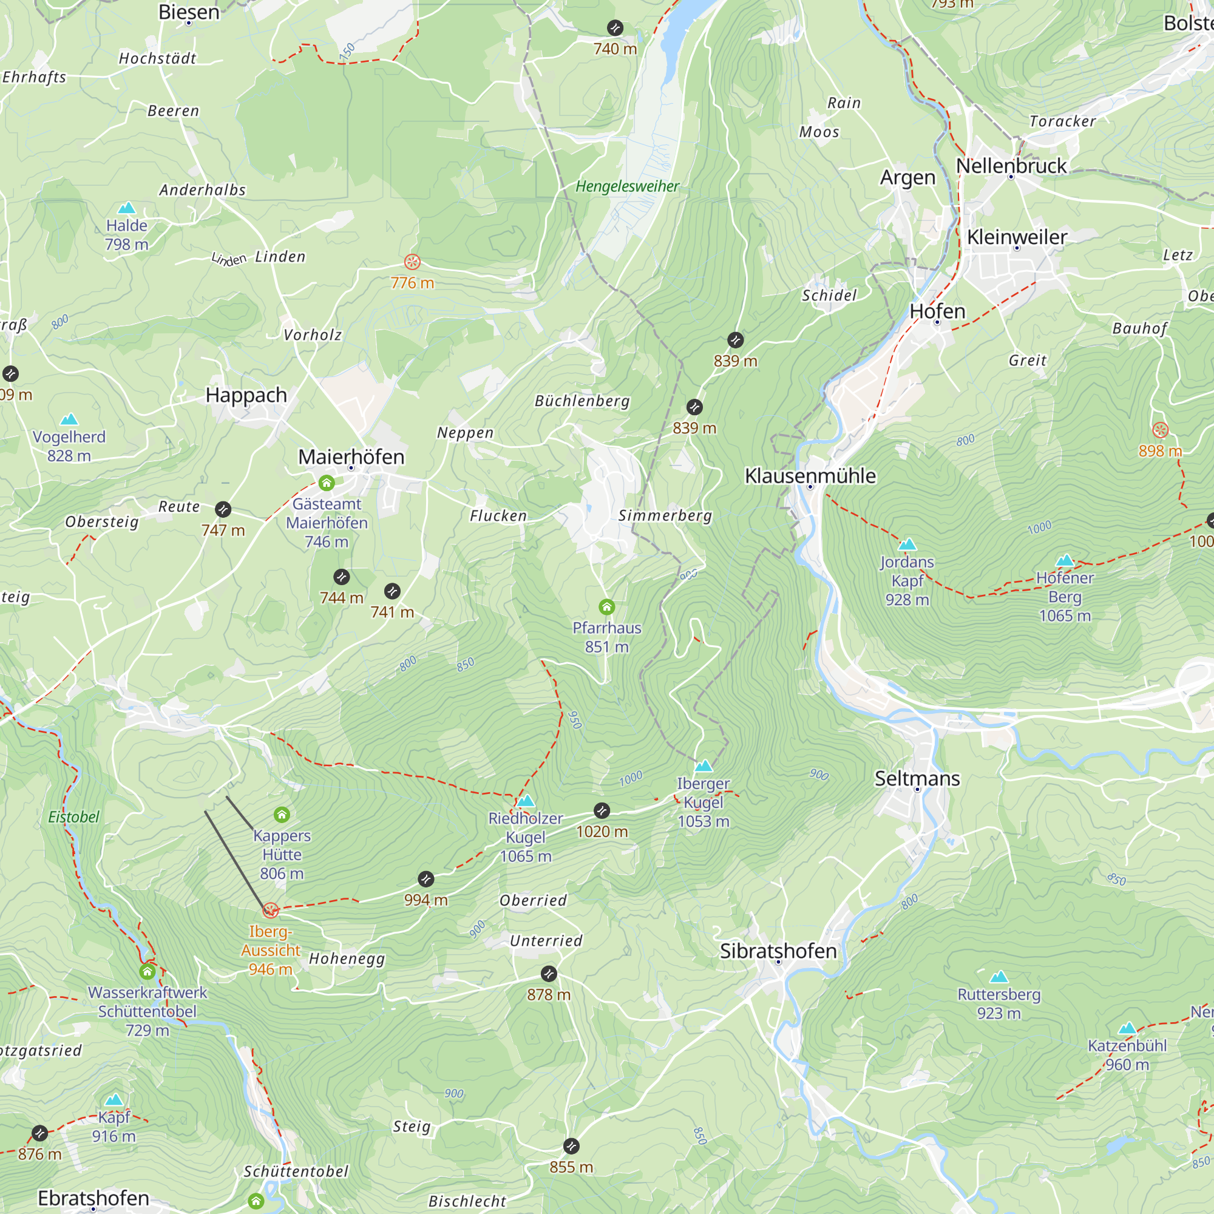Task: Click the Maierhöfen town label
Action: (351, 457)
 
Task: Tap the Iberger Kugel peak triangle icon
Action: (703, 766)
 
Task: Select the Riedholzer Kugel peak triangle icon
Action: (525, 801)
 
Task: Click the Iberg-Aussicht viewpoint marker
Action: (270, 910)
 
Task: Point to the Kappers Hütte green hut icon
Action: (282, 815)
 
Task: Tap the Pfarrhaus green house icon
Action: (606, 607)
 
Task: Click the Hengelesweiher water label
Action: (627, 186)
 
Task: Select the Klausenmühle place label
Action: (810, 476)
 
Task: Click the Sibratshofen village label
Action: (778, 951)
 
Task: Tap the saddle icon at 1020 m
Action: (602, 810)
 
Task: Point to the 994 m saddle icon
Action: (426, 879)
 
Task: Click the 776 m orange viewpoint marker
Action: (412, 262)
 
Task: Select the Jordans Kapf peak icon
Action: (907, 544)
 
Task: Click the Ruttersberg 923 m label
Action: (999, 1003)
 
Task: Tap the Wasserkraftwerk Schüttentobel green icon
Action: (147, 972)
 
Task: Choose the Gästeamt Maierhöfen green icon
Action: (326, 483)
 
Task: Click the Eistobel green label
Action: (73, 817)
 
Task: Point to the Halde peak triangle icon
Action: (126, 208)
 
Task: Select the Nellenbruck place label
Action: (1011, 166)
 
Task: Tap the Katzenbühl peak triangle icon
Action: (1127, 1029)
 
